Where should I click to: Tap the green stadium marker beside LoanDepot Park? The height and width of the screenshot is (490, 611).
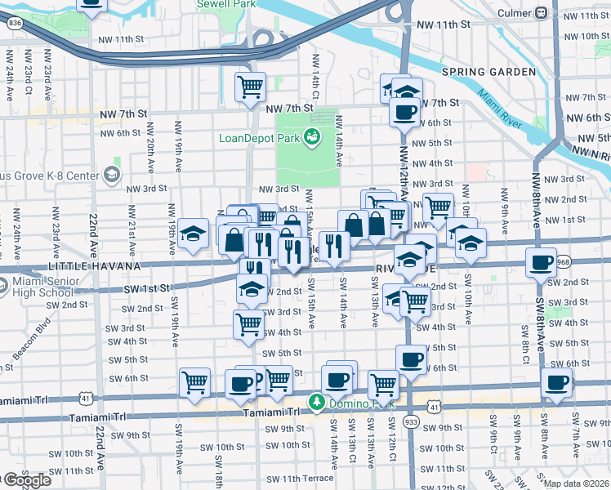coord(311,138)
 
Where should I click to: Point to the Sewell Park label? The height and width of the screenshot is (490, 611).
coord(226,4)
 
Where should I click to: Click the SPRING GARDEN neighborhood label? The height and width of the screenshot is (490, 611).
coord(488,72)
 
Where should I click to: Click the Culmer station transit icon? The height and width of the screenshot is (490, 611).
coord(540,13)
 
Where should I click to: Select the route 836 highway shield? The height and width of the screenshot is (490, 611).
coord(14,24)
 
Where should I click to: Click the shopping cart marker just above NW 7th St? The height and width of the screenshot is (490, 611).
coord(251,85)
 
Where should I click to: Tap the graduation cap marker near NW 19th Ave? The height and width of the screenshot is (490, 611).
coord(194,235)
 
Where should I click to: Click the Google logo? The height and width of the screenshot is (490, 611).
coord(27,480)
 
